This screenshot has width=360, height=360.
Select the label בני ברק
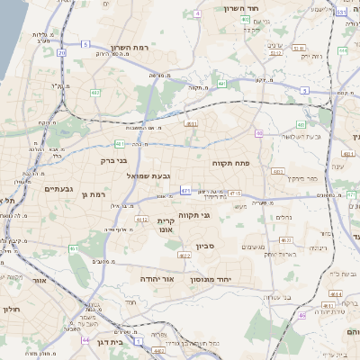[x=107, y=159]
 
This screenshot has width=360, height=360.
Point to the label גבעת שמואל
[x=148, y=175]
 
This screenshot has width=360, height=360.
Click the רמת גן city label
[x=94, y=194]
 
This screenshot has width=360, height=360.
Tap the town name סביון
[x=207, y=245]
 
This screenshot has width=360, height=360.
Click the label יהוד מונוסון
[x=211, y=280]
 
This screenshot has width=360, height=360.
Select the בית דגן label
[x=108, y=343]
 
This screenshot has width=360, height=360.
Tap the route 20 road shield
[x=62, y=53]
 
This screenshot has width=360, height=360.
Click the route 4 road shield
[x=197, y=14]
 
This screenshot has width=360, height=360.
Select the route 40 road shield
[x=258, y=133]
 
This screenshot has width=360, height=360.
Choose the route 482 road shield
[x=95, y=92]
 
